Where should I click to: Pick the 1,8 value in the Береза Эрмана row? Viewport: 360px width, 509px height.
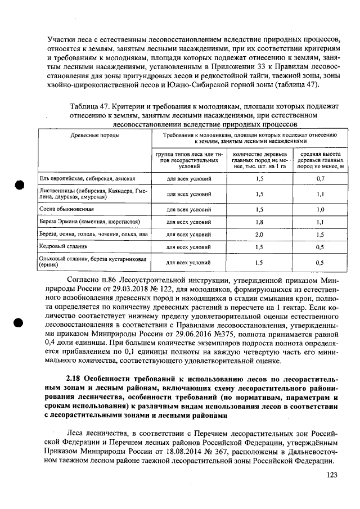click(259, 222)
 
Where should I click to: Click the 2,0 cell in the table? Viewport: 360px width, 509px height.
click(259, 234)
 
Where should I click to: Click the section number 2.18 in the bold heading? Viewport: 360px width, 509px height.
click(75, 363)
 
